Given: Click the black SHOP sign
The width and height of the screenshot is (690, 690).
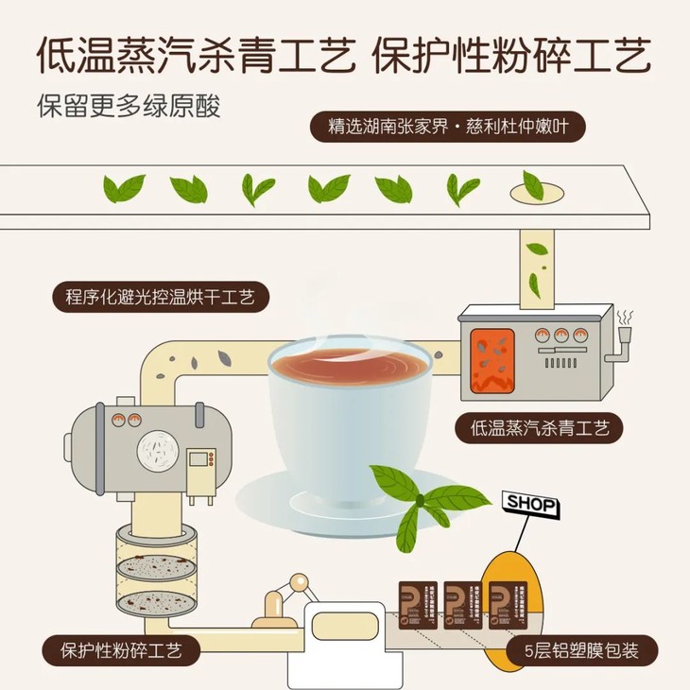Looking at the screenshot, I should [x=531, y=503].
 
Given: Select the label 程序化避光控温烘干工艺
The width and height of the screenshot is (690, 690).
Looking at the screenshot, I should [x=161, y=298].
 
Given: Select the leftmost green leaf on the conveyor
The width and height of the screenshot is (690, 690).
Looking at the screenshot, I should [x=124, y=188].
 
